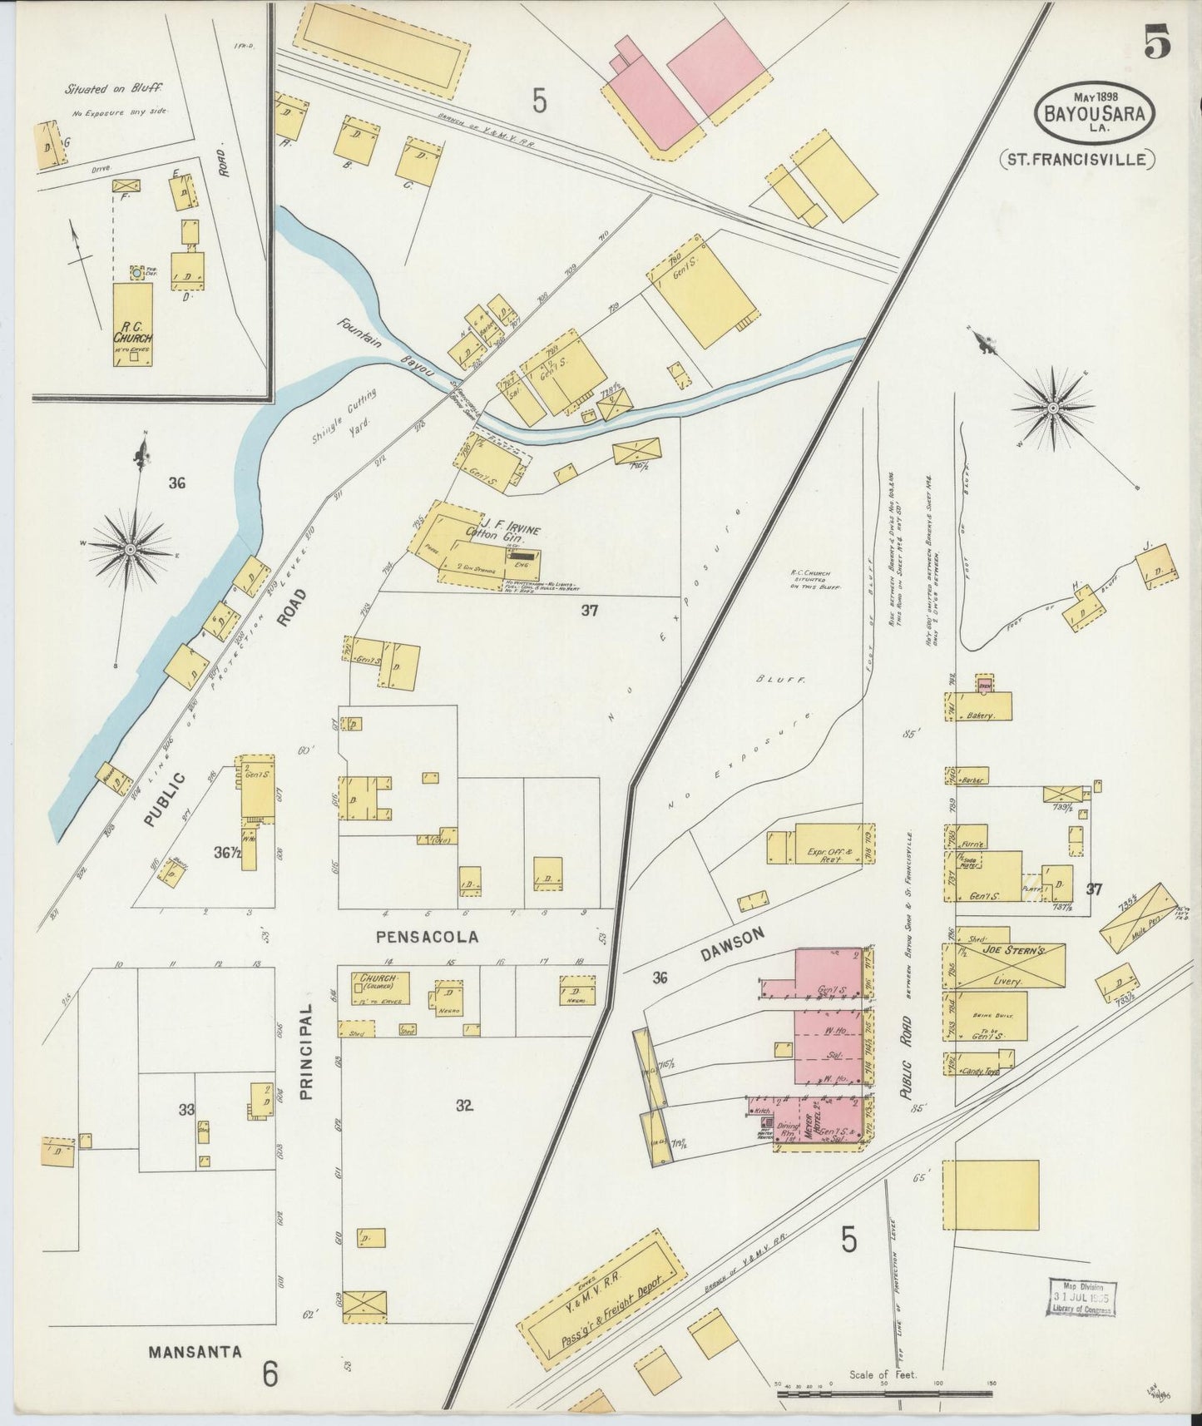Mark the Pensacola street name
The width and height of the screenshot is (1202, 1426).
tap(427, 937)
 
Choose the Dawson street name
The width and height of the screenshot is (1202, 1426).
tap(731, 946)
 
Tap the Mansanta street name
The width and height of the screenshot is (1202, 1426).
tap(195, 1352)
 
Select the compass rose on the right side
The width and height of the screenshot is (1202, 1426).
tap(1051, 408)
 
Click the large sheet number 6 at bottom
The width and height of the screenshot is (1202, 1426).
tap(270, 1374)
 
